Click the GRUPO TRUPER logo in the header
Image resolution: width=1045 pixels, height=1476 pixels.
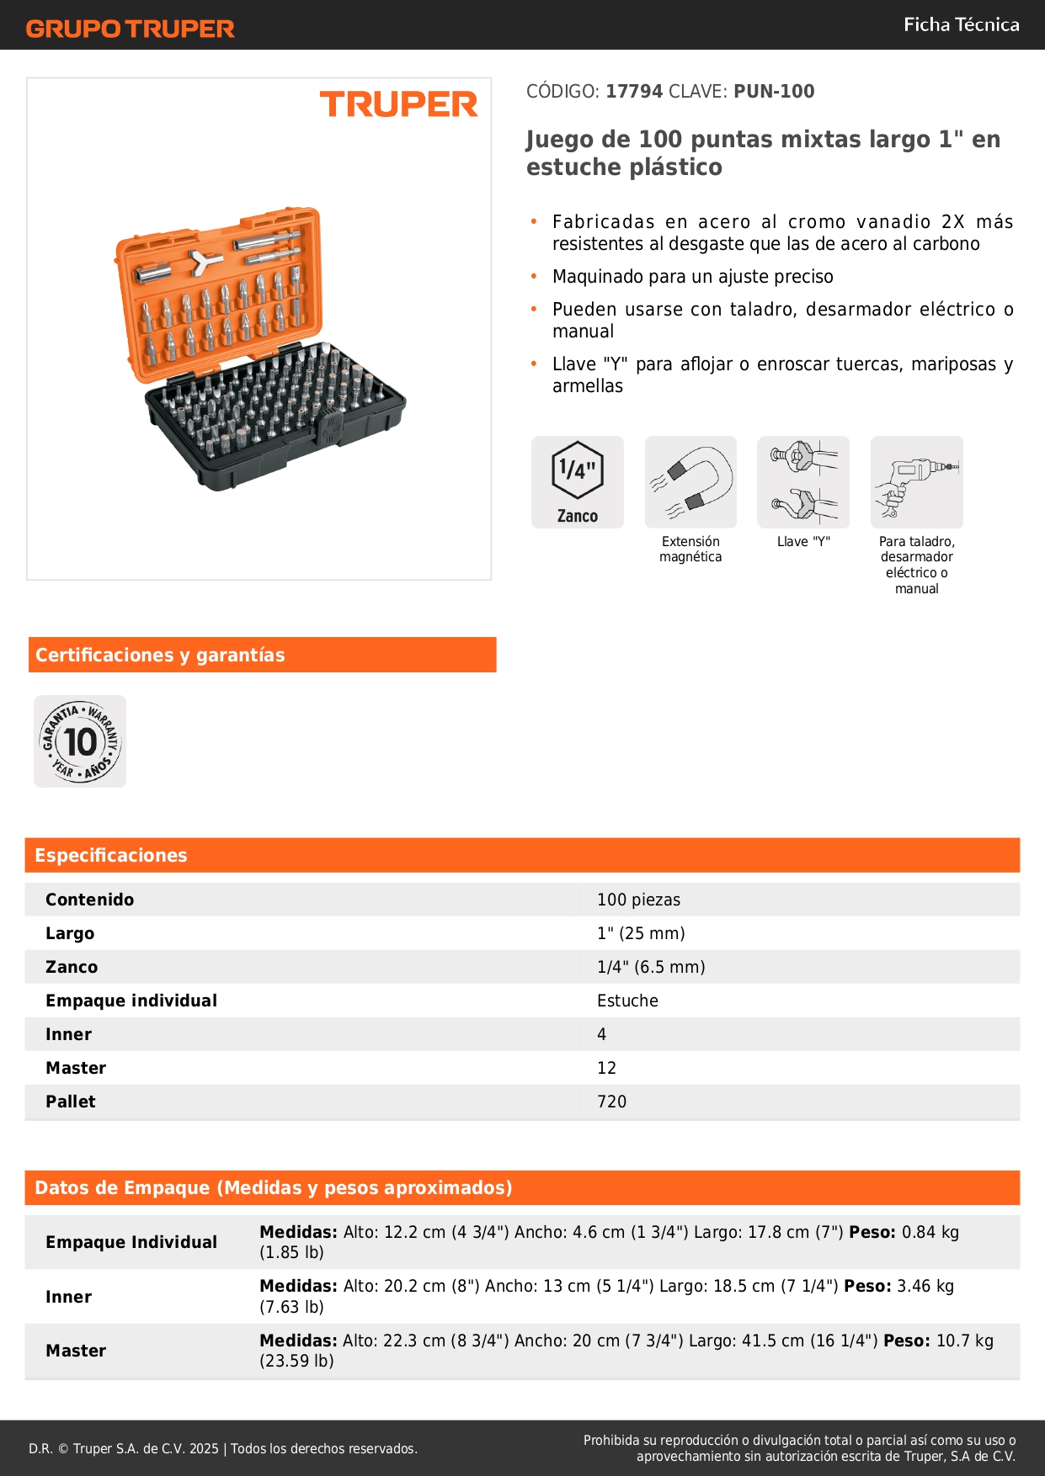(130, 29)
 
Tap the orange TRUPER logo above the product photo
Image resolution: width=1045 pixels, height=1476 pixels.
(398, 104)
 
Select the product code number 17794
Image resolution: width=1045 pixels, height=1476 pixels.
(634, 92)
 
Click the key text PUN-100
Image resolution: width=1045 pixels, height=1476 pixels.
(774, 92)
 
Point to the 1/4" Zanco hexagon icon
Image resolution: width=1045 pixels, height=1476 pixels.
(578, 481)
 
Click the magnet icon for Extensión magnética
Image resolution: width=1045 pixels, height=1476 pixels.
(690, 481)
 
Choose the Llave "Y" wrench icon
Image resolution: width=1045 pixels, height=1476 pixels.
(803, 481)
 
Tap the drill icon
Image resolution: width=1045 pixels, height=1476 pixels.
(916, 481)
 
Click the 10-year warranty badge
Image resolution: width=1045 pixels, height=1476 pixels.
(80, 741)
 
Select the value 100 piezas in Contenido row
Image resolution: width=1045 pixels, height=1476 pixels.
(638, 900)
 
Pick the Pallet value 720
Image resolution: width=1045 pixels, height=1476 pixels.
(611, 1102)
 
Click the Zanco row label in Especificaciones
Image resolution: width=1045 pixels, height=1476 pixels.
(72, 967)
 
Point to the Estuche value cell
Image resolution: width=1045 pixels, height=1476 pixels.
(627, 1001)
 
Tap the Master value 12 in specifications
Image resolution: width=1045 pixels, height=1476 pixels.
(606, 1068)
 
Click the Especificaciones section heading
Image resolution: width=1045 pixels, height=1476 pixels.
(111, 855)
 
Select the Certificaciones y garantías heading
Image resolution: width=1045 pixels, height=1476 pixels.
(160, 655)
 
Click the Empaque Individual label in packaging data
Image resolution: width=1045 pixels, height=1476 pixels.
(131, 1242)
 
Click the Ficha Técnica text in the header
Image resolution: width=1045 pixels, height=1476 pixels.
(961, 25)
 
